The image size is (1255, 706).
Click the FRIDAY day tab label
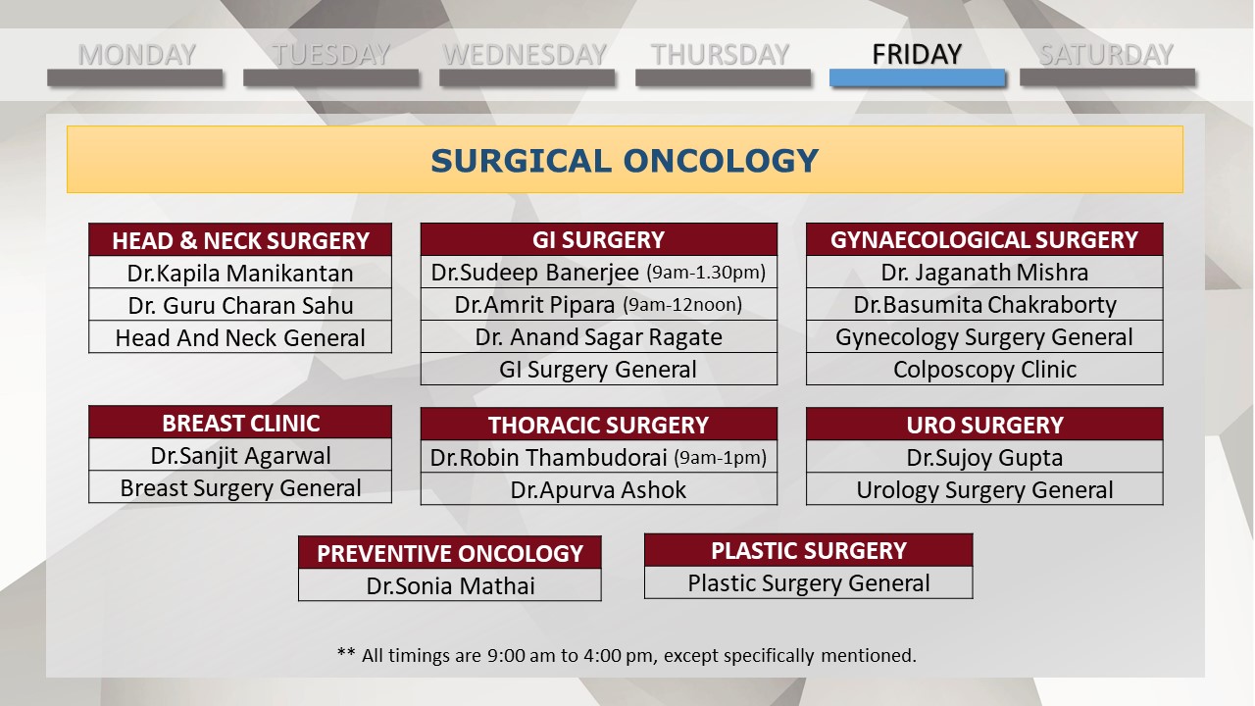pyautogui.click(x=917, y=54)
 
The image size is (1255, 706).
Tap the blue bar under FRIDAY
pyautogui.click(x=917, y=77)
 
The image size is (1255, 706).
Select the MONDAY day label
pyautogui.click(x=136, y=54)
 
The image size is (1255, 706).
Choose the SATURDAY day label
pyautogui.click(x=1106, y=54)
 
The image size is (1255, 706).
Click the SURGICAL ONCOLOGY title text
pyautogui.click(x=625, y=161)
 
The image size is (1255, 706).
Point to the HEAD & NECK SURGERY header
pyautogui.click(x=240, y=240)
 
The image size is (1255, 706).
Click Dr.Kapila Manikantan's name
pyautogui.click(x=240, y=274)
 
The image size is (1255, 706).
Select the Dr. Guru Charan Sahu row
pyautogui.click(x=240, y=306)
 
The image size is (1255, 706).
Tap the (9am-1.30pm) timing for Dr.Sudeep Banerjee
pyautogui.click(x=706, y=273)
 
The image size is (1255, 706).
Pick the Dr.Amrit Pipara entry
pyautogui.click(x=534, y=305)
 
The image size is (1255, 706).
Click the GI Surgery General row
pyautogui.click(x=598, y=370)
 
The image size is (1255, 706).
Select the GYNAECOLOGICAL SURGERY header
pyautogui.click(x=984, y=240)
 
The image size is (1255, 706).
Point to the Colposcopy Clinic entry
pyautogui.click(x=984, y=370)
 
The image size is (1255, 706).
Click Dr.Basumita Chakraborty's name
pyautogui.click(x=984, y=305)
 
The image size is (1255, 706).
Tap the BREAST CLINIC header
pyautogui.click(x=240, y=423)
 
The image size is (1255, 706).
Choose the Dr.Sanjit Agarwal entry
pyautogui.click(x=240, y=456)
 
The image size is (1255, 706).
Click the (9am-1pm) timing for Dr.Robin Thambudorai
pyautogui.click(x=721, y=458)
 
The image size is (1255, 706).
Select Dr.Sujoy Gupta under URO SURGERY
pyautogui.click(x=984, y=458)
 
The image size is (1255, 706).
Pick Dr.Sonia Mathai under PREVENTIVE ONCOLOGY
pyautogui.click(x=450, y=586)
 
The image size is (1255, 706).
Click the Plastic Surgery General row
pyautogui.click(x=809, y=583)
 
